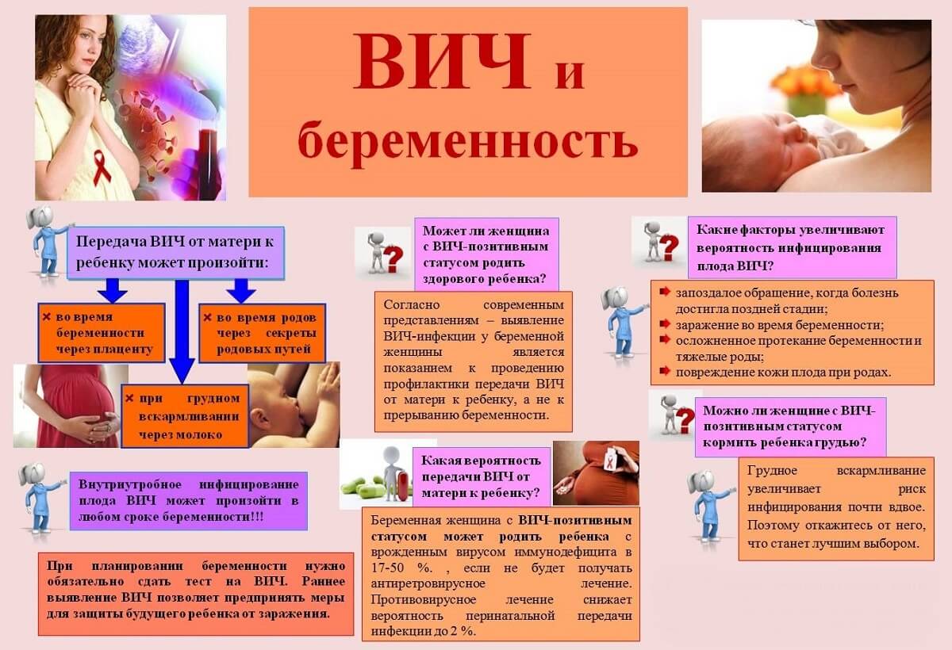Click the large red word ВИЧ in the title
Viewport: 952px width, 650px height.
point(443,61)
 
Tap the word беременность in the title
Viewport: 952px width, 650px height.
point(468,141)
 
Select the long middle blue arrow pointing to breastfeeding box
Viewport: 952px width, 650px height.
point(182,331)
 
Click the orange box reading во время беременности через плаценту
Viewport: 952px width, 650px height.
point(102,333)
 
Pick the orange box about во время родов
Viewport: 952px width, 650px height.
point(263,333)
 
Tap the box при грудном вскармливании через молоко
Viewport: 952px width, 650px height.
point(185,416)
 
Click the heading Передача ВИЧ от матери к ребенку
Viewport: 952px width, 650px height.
point(175,253)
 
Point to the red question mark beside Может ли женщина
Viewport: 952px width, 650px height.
point(393,260)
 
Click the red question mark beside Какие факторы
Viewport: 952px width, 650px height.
point(669,248)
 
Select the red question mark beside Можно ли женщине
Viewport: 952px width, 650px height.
point(685,420)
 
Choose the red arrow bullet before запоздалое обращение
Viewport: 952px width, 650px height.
point(665,292)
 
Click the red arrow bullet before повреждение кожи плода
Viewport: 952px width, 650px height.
point(665,371)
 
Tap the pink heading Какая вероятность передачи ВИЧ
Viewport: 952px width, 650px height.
point(482,476)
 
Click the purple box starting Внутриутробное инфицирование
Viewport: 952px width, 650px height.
point(189,501)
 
